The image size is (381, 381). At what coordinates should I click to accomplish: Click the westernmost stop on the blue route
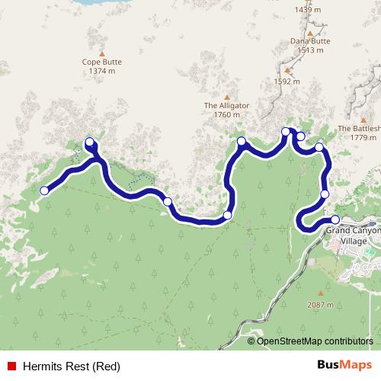coord(44,190)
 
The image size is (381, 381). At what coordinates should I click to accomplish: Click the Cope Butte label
coord(101,62)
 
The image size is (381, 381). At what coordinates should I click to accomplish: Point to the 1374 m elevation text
coord(101,72)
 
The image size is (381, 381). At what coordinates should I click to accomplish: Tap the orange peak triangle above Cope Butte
coord(101,53)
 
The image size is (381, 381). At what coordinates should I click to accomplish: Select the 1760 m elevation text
coord(226,115)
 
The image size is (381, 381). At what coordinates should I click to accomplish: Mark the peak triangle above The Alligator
coord(226,96)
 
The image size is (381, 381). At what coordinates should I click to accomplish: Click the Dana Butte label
coord(309,41)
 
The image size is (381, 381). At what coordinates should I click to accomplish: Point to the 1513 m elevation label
coord(310,50)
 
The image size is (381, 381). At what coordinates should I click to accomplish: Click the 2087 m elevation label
coord(320,304)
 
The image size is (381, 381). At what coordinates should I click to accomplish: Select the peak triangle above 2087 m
coord(320,293)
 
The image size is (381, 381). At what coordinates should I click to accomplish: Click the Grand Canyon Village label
coord(352,235)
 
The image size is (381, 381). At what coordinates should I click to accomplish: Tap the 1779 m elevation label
coord(363,138)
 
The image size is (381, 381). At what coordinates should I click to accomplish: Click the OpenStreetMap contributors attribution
coord(315,341)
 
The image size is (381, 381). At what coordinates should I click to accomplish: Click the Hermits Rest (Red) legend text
coord(71,367)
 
